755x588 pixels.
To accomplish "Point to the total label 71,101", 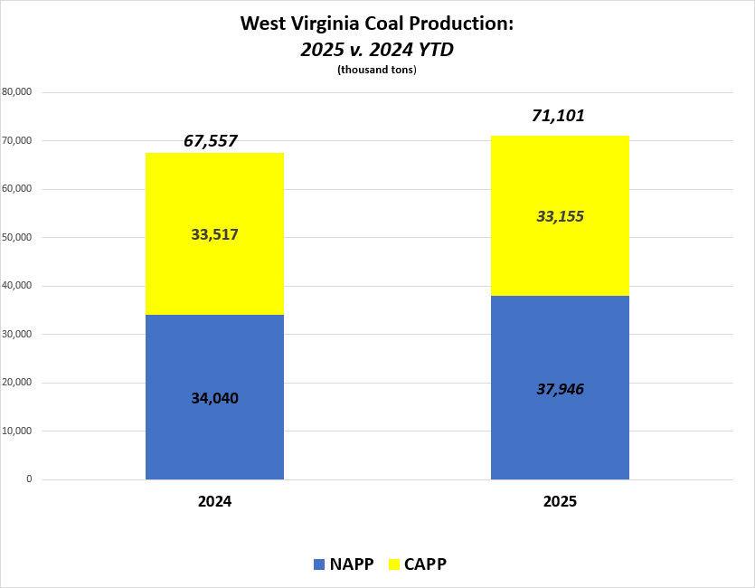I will [x=561, y=116].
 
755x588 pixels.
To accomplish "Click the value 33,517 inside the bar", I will [x=214, y=234].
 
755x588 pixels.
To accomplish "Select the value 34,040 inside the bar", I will [x=214, y=398].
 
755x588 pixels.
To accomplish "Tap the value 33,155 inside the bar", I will [x=561, y=217].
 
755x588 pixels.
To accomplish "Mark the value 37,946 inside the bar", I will [x=561, y=389].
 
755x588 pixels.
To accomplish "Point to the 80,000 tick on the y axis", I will [x=18, y=92].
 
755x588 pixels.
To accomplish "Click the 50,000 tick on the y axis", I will [x=18, y=238].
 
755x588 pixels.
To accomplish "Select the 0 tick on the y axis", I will [x=29, y=479].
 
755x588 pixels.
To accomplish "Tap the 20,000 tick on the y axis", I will [x=18, y=383].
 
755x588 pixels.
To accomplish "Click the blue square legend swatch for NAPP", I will [x=319, y=564].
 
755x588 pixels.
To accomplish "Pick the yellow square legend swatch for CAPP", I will [x=396, y=564].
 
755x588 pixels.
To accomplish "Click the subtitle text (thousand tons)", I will [x=377, y=71].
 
